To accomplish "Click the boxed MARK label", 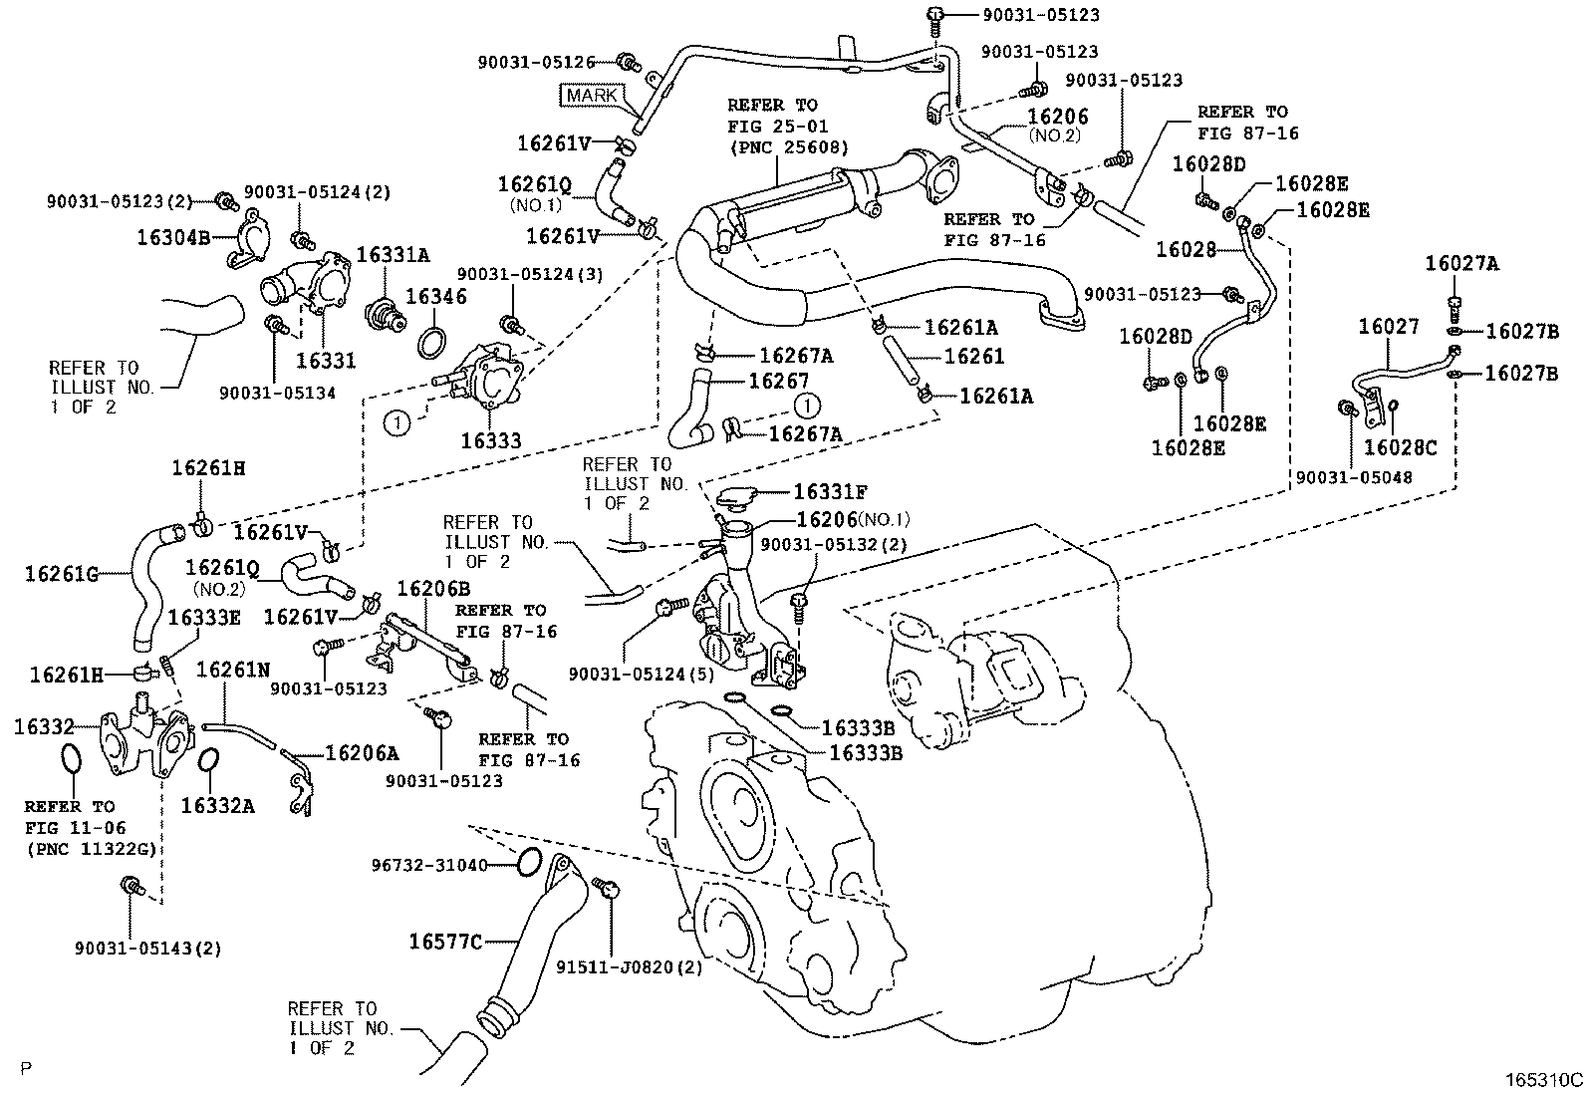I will tap(591, 96).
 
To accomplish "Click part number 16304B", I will tap(172, 237).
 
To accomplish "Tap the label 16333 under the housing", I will tap(490, 441).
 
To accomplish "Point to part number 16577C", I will tap(445, 941).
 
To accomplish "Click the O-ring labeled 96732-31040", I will tap(530, 861).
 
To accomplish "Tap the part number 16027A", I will tap(1461, 264).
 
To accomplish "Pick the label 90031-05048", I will tap(1354, 478).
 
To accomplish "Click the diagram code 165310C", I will tap(1543, 1079).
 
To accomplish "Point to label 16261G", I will tap(62, 573).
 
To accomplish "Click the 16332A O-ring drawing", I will tap(208, 761).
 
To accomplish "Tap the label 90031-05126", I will tap(535, 62).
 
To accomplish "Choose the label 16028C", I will tap(1400, 448).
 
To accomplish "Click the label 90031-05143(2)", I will tap(147, 948).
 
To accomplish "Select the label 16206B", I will tap(427, 590).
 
